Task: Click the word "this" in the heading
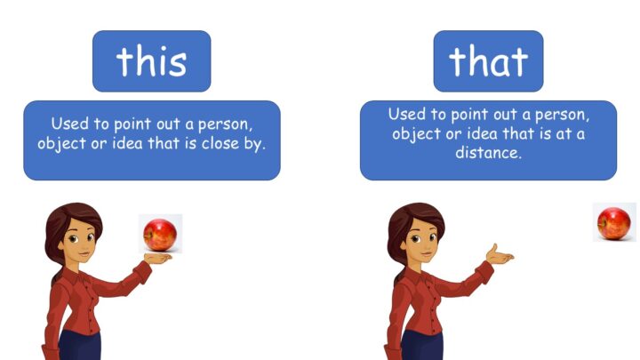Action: [151, 61]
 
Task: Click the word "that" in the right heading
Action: [488, 61]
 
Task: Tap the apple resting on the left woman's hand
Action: [160, 235]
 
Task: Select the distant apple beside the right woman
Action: [614, 223]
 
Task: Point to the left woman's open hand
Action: [158, 258]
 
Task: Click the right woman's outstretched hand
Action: [500, 255]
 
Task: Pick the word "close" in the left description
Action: [220, 143]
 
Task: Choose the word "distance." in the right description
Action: [489, 153]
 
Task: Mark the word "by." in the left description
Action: [255, 144]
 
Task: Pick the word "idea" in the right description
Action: [480, 133]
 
